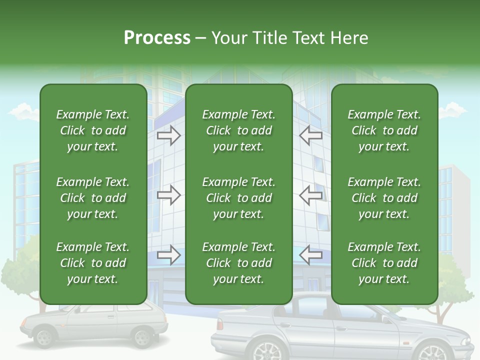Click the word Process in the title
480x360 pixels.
[157, 38]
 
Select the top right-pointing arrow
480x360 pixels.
[168, 135]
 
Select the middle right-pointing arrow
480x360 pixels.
[168, 195]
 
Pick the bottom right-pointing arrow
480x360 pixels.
[168, 255]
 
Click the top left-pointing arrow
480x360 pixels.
[311, 135]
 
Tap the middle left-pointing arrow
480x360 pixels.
[311, 195]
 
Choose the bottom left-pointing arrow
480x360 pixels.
[311, 255]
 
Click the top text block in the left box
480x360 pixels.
[93, 130]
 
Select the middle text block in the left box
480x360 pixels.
[93, 198]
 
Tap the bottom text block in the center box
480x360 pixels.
[238, 263]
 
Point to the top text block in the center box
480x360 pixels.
[238, 130]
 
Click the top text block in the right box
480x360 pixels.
[384, 130]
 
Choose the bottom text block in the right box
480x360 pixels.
[384, 263]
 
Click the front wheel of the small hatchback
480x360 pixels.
[44, 337]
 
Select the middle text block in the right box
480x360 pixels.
[384, 198]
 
